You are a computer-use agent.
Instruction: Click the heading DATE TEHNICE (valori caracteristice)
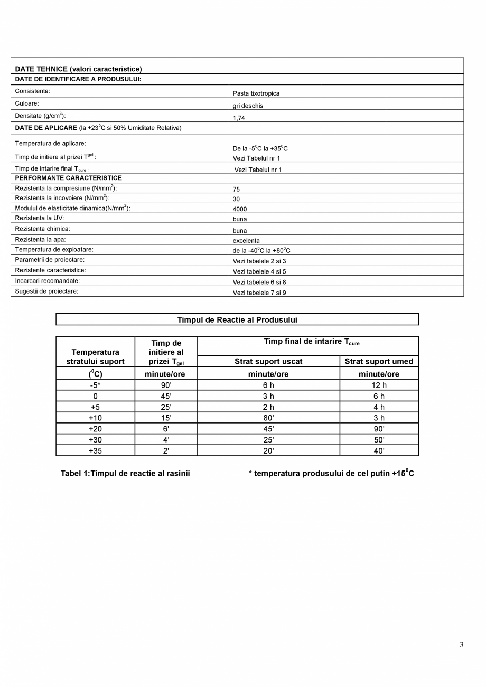(78, 69)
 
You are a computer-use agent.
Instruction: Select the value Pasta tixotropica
(256, 93)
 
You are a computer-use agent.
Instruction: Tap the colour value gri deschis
(248, 106)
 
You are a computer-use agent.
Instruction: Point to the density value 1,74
(239, 118)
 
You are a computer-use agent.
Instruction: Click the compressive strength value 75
(236, 189)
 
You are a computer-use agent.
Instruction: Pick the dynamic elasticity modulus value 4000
(240, 209)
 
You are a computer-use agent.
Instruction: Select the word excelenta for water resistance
(246, 241)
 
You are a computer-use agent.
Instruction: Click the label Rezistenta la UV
(39, 218)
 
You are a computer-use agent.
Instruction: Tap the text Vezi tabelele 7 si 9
(259, 293)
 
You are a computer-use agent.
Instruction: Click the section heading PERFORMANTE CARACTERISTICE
(68, 178)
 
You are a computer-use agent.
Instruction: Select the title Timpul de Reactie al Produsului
(237, 320)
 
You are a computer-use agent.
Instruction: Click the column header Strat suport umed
(379, 362)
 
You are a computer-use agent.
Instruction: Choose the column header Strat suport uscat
(268, 362)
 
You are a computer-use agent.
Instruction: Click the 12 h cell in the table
(379, 385)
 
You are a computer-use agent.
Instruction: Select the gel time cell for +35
(166, 451)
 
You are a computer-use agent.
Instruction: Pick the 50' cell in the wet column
(379, 440)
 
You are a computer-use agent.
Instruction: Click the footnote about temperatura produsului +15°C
(331, 474)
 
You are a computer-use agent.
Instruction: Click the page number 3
(461, 644)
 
